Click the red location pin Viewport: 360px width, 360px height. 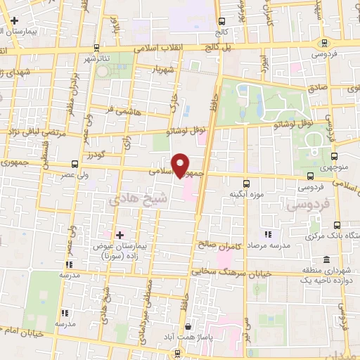(181, 164)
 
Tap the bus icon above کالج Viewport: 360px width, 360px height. (223, 21)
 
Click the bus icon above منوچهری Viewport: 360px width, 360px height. (334, 157)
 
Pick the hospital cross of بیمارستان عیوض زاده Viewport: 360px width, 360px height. (119, 234)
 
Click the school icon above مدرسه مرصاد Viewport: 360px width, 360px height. (267, 234)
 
